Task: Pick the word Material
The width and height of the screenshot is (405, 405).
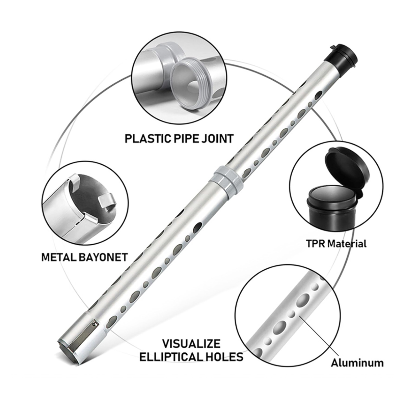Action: [347, 244]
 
